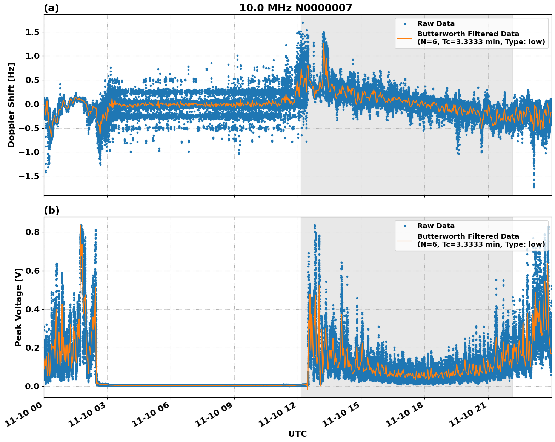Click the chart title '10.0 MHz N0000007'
coord(295,8)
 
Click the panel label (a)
coord(51,8)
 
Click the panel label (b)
coord(51,210)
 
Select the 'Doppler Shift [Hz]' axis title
coord(11,105)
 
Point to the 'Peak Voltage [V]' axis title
coord(18,307)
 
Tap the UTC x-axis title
coord(297,434)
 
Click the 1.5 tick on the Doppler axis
coord(32,32)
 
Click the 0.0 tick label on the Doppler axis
coord(32,104)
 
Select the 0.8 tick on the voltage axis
coord(32,232)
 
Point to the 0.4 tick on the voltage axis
coord(32,310)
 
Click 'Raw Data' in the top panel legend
coord(436,24)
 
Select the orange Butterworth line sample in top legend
coord(405,38)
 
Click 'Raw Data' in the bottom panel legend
coord(436,226)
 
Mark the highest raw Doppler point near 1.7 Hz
coord(303,23)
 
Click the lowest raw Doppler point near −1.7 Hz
coord(534,187)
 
